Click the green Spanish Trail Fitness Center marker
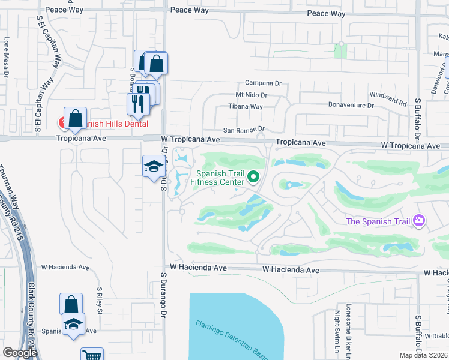pyautogui.click(x=253, y=176)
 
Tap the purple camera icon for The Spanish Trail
pyautogui.click(x=419, y=221)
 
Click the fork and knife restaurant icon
pyautogui.click(x=138, y=103)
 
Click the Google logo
pyautogui.click(x=20, y=353)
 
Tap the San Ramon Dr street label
pyautogui.click(x=244, y=129)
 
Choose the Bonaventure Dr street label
pyautogui.click(x=351, y=105)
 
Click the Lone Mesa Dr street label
pyautogui.click(x=7, y=57)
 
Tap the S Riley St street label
pyautogui.click(x=100, y=300)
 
